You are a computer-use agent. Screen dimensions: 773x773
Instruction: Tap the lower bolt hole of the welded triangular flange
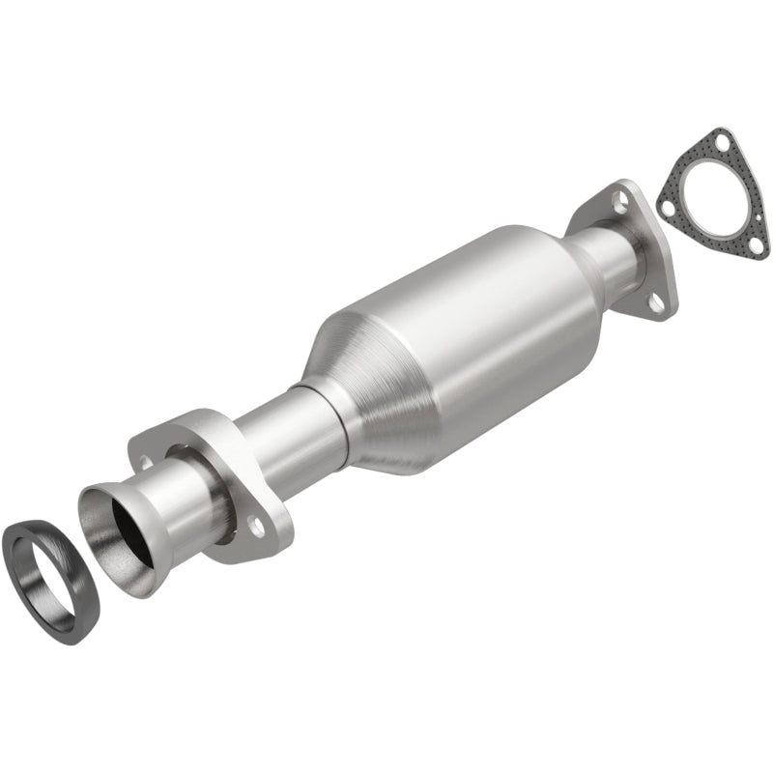point(657,302)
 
